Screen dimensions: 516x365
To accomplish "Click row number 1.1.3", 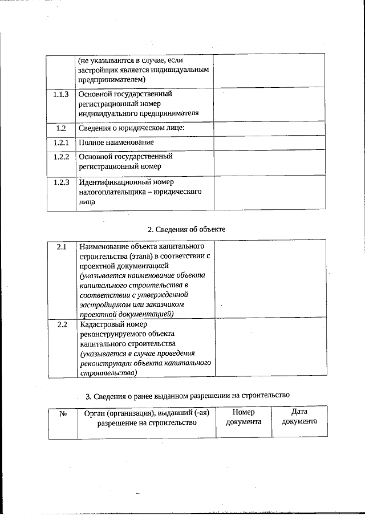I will [x=61, y=94].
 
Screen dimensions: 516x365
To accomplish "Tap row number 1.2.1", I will [x=61, y=142].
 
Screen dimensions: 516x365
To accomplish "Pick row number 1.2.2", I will [x=61, y=156].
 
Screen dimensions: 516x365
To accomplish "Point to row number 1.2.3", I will [x=61, y=182].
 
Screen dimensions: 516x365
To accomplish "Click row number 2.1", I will [x=62, y=247].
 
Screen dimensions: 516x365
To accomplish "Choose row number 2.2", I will [x=62, y=324].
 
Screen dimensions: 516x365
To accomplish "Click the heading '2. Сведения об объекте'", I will [x=186, y=229].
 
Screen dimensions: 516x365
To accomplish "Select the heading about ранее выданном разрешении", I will [x=188, y=395].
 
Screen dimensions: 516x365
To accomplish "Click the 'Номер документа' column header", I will [x=244, y=417].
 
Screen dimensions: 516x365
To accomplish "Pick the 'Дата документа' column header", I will [x=299, y=416].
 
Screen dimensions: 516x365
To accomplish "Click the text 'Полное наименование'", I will [x=116, y=142].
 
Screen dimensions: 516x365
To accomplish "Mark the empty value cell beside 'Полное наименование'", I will [x=269, y=143].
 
